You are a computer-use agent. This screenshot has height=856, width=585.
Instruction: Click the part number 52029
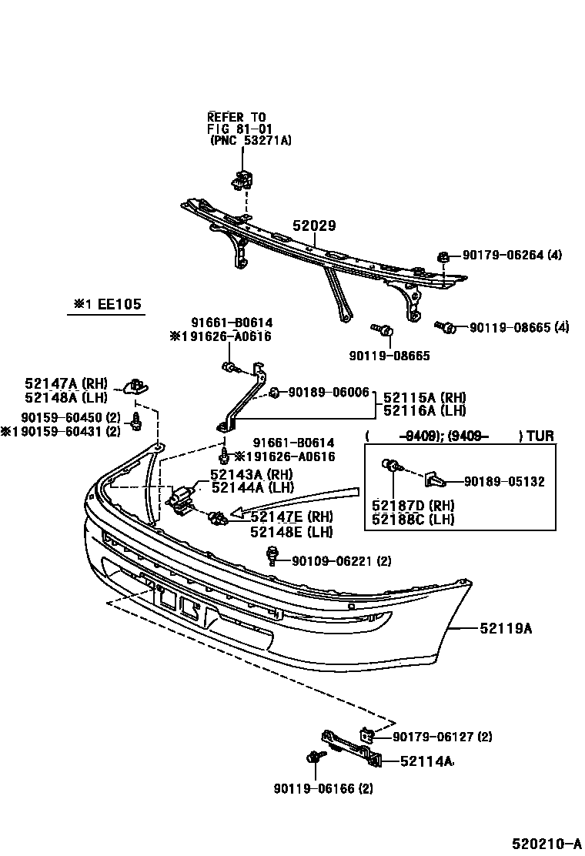point(314,226)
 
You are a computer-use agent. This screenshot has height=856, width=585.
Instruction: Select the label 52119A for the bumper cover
point(506,629)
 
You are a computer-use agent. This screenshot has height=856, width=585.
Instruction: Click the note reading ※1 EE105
point(108,305)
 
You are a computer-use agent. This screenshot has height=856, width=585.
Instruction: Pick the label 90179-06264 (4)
point(512,256)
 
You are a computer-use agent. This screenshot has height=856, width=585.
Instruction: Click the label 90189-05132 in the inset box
point(504,482)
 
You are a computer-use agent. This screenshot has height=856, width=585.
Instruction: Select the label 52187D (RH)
point(413,506)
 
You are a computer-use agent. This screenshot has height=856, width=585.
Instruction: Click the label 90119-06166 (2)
point(323,788)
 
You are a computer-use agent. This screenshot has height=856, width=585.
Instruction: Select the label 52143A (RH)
point(250,475)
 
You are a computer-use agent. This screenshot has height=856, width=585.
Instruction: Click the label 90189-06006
point(329,392)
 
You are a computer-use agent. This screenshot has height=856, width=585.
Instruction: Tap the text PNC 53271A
point(252,141)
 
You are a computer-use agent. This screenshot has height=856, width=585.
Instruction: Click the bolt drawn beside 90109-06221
point(272,554)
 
